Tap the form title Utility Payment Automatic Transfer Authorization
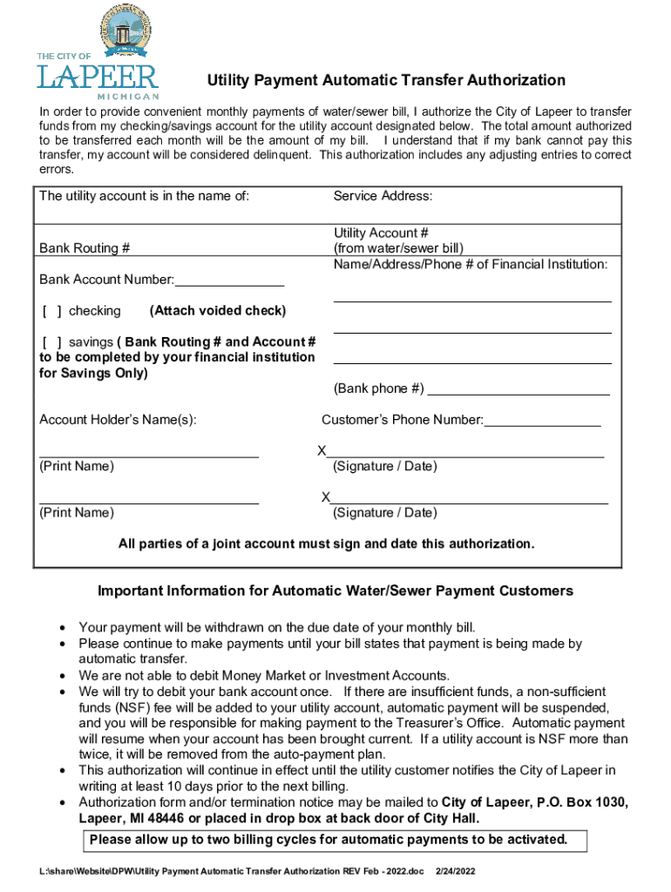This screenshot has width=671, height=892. pyautogui.click(x=385, y=81)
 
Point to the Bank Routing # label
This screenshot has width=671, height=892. pyautogui.click(x=85, y=248)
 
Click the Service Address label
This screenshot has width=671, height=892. pyautogui.click(x=383, y=196)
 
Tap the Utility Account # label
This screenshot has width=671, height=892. pyautogui.click(x=381, y=233)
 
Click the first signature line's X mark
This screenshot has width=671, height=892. pyautogui.click(x=322, y=451)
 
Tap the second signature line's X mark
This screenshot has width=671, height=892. pyautogui.click(x=325, y=497)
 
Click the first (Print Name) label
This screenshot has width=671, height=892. pyautogui.click(x=76, y=467)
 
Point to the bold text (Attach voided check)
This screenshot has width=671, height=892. pyautogui.click(x=217, y=311)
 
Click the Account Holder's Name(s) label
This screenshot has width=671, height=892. pyautogui.click(x=118, y=421)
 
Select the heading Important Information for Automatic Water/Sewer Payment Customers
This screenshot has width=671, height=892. pyautogui.click(x=335, y=591)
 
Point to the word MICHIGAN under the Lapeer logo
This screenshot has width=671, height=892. pyautogui.click(x=127, y=96)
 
